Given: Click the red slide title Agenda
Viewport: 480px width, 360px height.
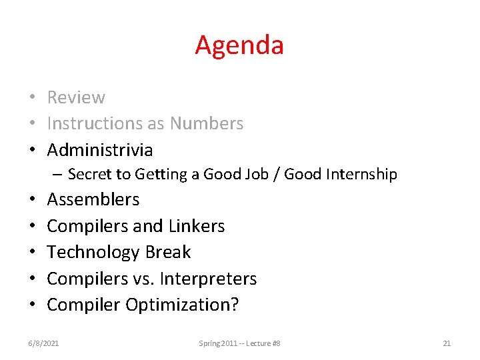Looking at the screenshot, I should click(239, 45).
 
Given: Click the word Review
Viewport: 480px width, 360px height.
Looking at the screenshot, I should click(76, 97).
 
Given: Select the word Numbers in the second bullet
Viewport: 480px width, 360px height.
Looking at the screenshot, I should click(207, 123).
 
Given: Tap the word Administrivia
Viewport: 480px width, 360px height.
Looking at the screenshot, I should click(100, 149).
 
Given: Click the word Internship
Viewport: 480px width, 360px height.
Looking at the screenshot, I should click(361, 175).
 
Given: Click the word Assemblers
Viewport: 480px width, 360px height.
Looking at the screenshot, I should click(93, 199).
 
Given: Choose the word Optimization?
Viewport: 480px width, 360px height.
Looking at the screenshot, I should click(183, 305).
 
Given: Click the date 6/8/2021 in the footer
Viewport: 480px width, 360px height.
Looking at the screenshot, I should click(43, 343).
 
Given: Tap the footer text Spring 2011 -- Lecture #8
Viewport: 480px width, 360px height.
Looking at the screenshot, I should click(239, 343).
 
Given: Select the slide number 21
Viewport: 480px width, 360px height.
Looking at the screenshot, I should click(447, 343).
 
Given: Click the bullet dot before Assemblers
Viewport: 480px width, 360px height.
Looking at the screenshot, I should click(32, 200).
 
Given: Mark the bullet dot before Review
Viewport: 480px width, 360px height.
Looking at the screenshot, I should click(32, 98).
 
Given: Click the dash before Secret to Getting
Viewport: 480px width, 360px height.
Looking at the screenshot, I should click(59, 175).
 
